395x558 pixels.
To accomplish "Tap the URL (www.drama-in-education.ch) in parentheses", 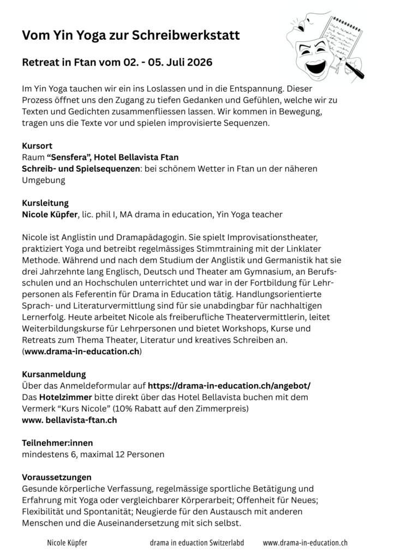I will tap(82, 351).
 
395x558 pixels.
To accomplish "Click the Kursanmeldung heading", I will tap(53, 374).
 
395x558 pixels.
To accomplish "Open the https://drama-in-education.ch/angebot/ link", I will tap(229, 386).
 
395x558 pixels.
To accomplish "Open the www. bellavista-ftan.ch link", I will tap(69, 420).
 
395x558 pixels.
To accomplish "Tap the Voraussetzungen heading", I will tap(56, 477).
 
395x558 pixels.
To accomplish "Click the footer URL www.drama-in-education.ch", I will tap(305, 543).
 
